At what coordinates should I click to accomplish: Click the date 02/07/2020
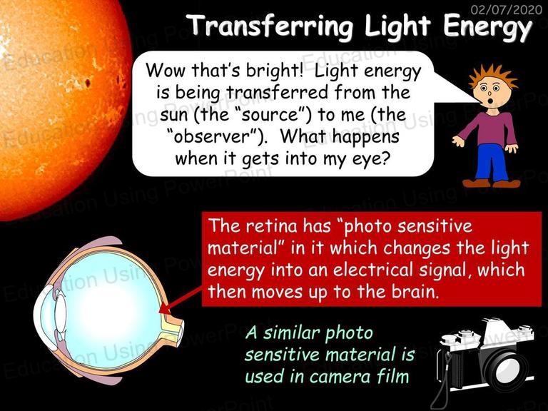pos(507,9)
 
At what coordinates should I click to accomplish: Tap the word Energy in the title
pos(488,27)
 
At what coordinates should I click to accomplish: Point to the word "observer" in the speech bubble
pos(215,136)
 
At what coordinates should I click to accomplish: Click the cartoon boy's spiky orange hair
pos(492,75)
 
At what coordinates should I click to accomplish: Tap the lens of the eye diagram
pos(60,313)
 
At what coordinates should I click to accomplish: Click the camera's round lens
pos(506,367)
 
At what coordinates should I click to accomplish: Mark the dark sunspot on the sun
pos(87,83)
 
